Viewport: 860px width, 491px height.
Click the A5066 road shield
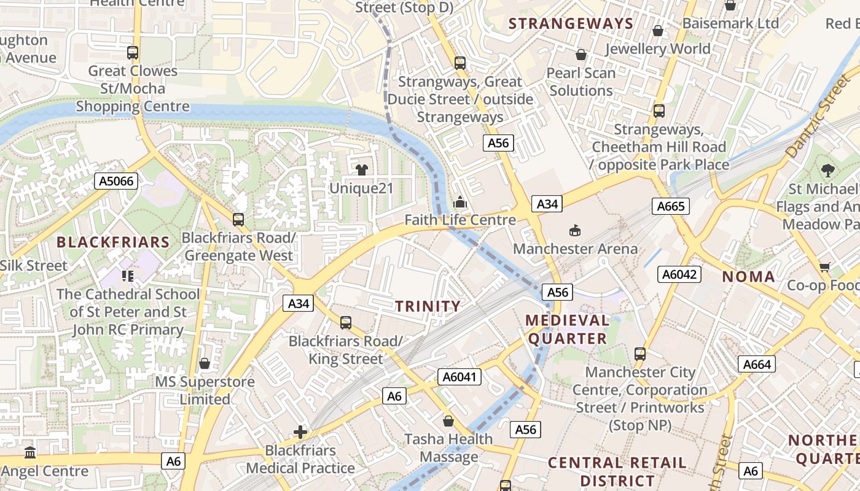click(x=116, y=181)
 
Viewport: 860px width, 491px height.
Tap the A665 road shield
click(x=670, y=206)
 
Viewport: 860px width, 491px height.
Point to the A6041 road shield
click(x=459, y=377)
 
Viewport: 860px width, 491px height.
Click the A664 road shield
click(x=756, y=365)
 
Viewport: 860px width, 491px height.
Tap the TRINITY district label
click(x=428, y=306)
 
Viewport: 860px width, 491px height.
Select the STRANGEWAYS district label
click(x=571, y=24)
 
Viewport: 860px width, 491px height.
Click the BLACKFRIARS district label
click(x=113, y=242)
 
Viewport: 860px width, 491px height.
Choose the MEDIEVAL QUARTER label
click(x=568, y=330)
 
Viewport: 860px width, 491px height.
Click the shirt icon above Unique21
click(x=361, y=169)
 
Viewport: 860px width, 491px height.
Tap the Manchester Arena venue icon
click(x=574, y=231)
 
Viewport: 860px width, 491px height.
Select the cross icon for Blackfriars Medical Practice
click(x=300, y=432)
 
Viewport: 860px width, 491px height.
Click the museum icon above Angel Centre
click(x=29, y=453)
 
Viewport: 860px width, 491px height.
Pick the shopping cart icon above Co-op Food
click(x=824, y=267)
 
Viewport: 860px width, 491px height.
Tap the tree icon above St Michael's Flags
click(x=827, y=170)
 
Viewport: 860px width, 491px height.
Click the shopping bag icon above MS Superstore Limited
click(x=205, y=363)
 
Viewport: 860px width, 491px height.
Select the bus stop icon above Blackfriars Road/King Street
click(x=346, y=322)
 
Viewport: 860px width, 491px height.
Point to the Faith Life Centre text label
click(x=460, y=220)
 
